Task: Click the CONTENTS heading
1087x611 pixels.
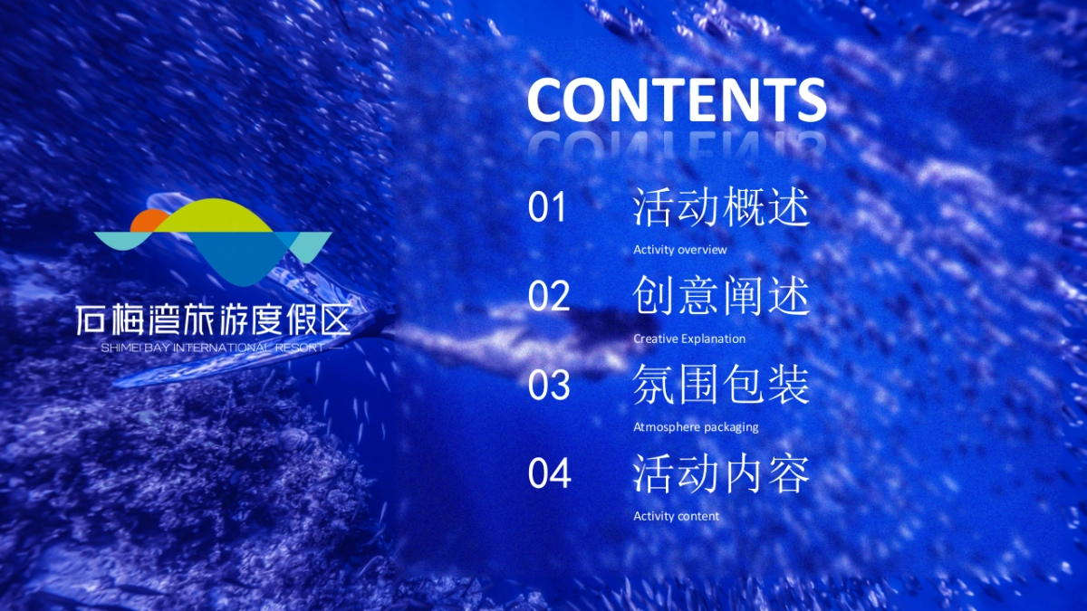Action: tap(677, 100)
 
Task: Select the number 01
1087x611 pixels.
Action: tap(547, 208)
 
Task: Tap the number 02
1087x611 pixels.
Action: tap(549, 297)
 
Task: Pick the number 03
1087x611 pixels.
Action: tap(549, 386)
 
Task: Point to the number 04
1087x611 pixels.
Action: tap(549, 473)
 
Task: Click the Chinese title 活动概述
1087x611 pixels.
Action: tap(721, 208)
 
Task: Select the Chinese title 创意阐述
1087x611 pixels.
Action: tap(721, 297)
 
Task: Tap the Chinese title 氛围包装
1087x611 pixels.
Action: tap(721, 386)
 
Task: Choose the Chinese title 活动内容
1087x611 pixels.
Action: tap(721, 474)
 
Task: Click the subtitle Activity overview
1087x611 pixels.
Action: tap(679, 250)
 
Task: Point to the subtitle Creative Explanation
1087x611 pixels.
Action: tap(689, 339)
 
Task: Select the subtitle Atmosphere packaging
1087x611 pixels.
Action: tap(696, 427)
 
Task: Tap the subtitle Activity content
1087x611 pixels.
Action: tap(676, 516)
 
